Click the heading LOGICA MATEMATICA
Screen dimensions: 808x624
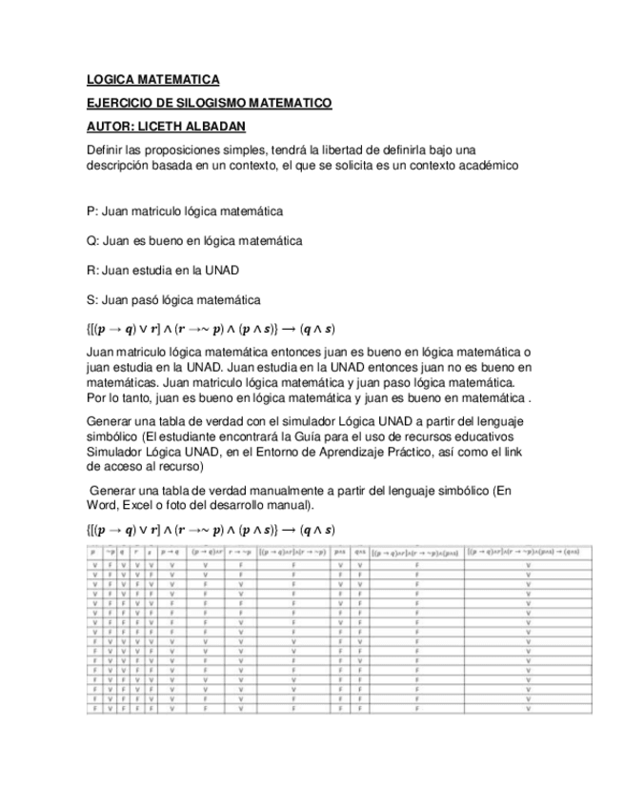[152, 79]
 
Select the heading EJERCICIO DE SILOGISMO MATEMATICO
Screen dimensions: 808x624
[209, 103]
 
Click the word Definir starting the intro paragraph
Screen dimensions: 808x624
[105, 151]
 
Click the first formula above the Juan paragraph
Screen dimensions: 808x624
[210, 329]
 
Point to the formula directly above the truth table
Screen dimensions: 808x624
[210, 529]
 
